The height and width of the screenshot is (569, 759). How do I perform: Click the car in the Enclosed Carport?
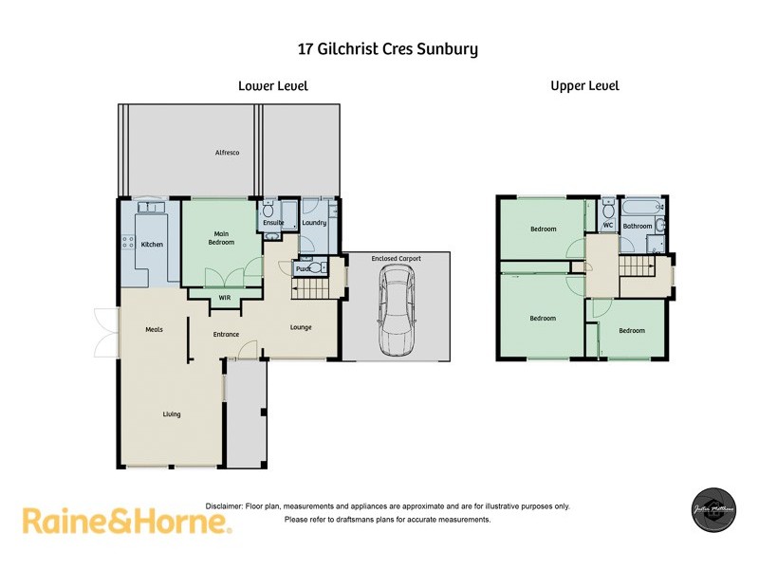tap(397, 310)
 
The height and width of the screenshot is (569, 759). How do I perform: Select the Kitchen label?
tap(153, 245)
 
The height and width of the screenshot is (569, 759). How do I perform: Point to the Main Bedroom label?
tap(220, 237)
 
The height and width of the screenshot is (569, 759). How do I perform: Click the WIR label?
tap(225, 298)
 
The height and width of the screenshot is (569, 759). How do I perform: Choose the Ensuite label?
tap(274, 223)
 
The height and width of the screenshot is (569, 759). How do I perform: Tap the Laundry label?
tap(314, 223)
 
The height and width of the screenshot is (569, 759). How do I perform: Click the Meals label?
tap(155, 329)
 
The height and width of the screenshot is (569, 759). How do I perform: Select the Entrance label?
tap(226, 334)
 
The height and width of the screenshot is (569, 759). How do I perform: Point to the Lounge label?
tap(301, 328)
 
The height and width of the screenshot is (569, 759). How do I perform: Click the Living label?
tap(172, 414)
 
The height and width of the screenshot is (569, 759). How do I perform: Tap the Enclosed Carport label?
tap(397, 258)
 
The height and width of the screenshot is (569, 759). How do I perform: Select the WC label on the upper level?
tap(608, 226)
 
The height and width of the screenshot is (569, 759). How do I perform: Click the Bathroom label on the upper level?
tap(638, 226)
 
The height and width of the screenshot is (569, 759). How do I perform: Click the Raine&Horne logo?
tap(126, 521)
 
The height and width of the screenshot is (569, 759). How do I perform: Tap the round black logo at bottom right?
tap(712, 514)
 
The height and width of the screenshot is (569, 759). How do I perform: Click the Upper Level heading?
tap(584, 85)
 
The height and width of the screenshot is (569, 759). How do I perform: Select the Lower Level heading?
tap(272, 85)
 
